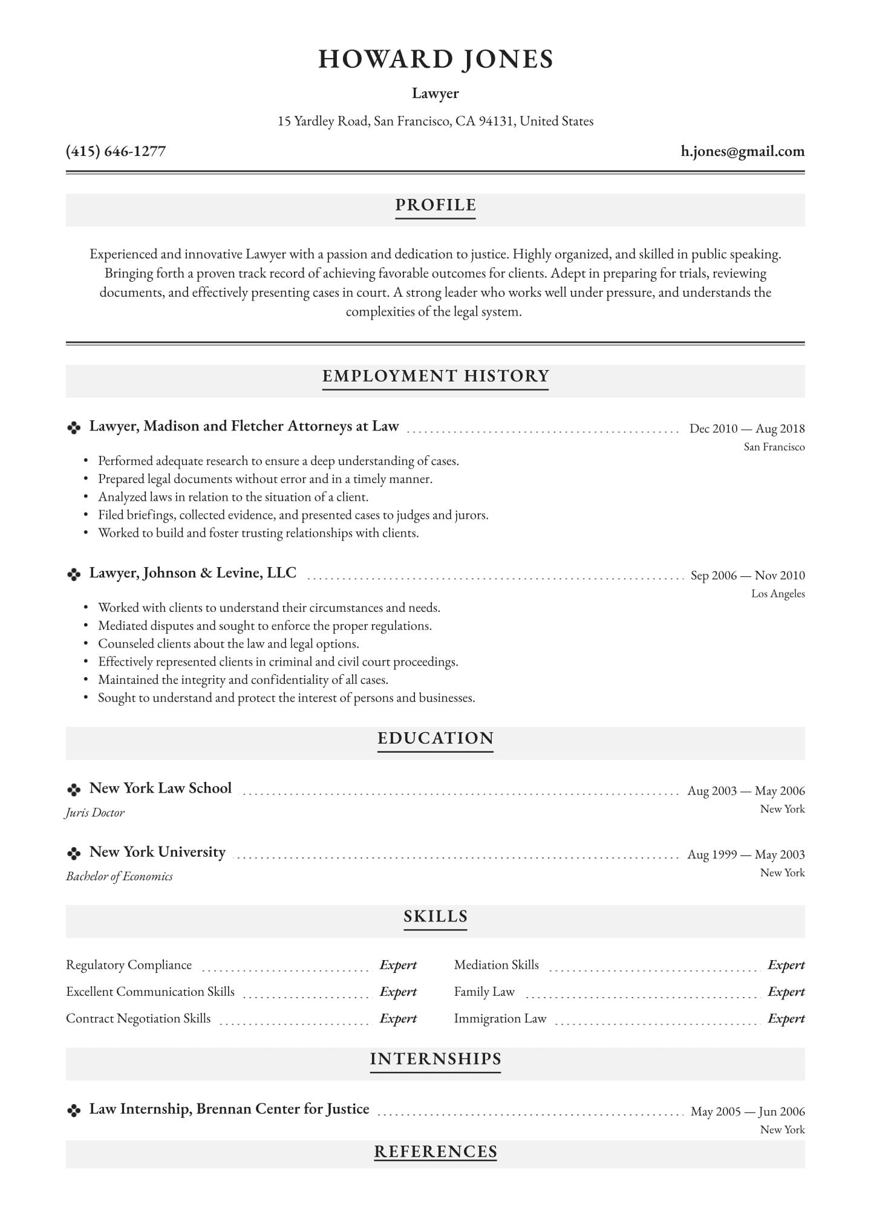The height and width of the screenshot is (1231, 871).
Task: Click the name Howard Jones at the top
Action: (435, 59)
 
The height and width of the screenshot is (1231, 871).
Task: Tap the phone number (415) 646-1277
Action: (116, 151)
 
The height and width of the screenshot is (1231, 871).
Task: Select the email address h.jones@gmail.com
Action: (742, 151)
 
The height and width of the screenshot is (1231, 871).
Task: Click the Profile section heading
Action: (435, 206)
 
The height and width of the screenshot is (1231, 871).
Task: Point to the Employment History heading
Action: (435, 376)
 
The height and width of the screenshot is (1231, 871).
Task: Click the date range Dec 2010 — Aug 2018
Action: (747, 429)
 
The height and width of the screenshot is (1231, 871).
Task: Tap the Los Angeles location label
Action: (778, 594)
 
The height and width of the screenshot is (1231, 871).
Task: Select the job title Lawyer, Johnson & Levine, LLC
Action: (193, 573)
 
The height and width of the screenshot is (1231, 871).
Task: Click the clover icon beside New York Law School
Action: (74, 790)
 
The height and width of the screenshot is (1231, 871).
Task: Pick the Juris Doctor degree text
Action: (95, 813)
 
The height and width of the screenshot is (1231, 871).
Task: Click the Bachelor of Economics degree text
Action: (119, 876)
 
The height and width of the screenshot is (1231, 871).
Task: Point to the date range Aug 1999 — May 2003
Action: (746, 854)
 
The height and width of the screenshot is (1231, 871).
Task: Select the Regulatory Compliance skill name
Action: (129, 965)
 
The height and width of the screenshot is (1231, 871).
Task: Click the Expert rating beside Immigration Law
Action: (786, 1019)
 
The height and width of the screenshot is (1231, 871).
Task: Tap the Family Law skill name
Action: (484, 992)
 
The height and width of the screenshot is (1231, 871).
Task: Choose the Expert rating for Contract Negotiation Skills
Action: (398, 1019)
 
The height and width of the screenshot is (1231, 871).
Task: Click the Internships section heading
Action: (435, 1059)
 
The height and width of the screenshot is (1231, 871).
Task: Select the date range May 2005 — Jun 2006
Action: (748, 1111)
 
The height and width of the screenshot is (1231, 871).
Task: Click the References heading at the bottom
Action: (435, 1152)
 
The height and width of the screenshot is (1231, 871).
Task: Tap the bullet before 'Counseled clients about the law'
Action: (85, 645)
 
